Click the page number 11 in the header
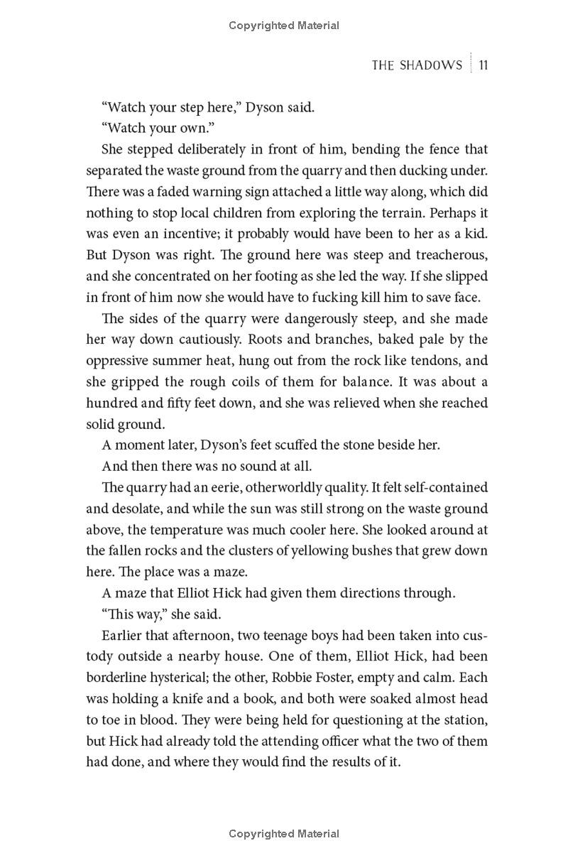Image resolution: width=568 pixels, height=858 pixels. tap(482, 65)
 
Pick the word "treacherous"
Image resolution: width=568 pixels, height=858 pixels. tap(447, 254)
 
